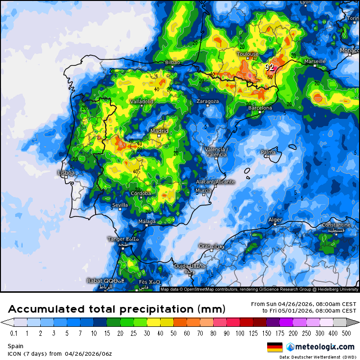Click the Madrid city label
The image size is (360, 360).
(159, 131)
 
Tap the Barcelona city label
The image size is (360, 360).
(261, 108)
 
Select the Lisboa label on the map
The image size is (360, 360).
(66, 173)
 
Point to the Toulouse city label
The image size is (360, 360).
(248, 54)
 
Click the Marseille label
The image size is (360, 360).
(315, 62)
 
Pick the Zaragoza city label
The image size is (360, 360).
(208, 101)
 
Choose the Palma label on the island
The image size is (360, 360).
(268, 152)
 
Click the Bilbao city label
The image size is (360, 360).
(172, 63)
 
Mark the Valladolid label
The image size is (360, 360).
(142, 102)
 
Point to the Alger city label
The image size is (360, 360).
(275, 220)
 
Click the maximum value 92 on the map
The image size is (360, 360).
(270, 68)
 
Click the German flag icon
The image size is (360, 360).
(275, 346)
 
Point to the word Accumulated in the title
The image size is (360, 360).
(46, 309)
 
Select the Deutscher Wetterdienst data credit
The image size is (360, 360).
(317, 357)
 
